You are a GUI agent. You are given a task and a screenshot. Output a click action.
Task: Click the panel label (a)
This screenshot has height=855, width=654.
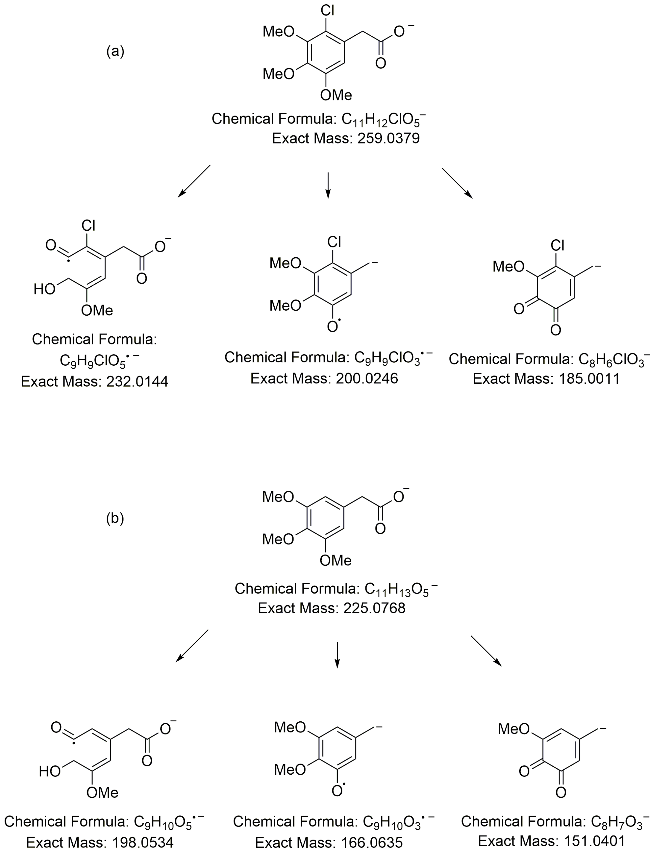(115, 51)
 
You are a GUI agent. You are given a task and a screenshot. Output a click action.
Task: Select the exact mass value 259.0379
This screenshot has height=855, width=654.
(389, 138)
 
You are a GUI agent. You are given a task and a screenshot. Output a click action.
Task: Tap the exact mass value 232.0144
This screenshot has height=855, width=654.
(137, 382)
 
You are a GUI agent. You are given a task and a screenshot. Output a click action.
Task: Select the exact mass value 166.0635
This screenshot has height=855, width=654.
(372, 842)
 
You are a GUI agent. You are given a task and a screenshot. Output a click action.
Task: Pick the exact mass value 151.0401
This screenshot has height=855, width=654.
(594, 841)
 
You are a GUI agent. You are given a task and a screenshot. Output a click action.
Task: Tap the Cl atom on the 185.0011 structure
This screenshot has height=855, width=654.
(557, 245)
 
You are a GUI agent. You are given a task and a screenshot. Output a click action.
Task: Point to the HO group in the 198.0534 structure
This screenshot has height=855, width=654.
(50, 771)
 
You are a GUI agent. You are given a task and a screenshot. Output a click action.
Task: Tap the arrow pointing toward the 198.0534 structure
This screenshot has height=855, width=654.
(192, 646)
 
